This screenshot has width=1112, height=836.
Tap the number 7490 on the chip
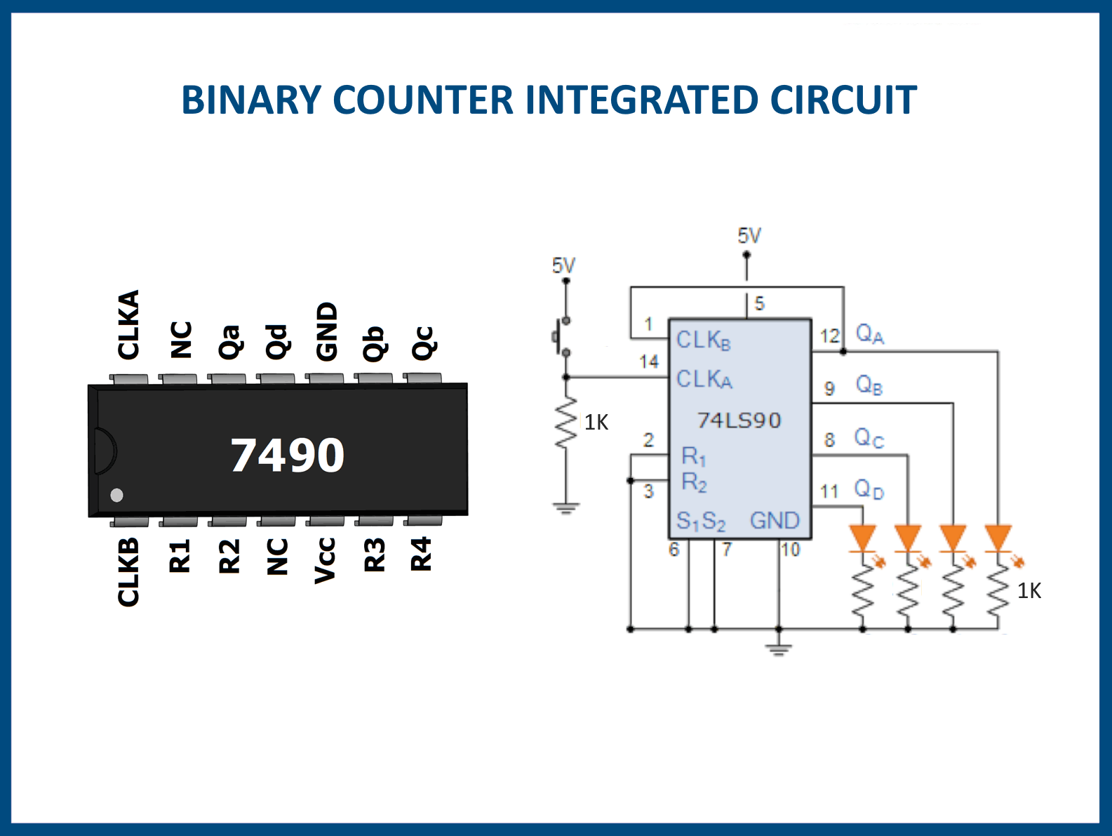point(288,455)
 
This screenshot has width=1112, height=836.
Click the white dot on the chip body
point(117,495)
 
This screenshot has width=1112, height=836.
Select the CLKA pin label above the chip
point(128,324)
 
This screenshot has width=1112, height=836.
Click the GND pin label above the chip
point(327,331)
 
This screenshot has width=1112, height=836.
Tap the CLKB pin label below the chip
point(128,572)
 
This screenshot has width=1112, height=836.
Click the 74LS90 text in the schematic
point(739,420)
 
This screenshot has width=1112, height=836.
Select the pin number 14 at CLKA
point(649,361)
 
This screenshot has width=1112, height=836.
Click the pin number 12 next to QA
point(829,336)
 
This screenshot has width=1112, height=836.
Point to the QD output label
point(869,489)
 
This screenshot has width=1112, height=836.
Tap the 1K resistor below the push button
point(565,423)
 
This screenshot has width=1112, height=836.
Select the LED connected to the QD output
point(863,538)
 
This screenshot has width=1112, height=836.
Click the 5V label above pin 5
point(749,236)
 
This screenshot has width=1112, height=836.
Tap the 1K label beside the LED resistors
point(1029,591)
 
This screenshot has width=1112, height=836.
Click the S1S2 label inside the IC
point(700,521)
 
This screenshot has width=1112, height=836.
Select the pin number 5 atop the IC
point(759,304)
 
